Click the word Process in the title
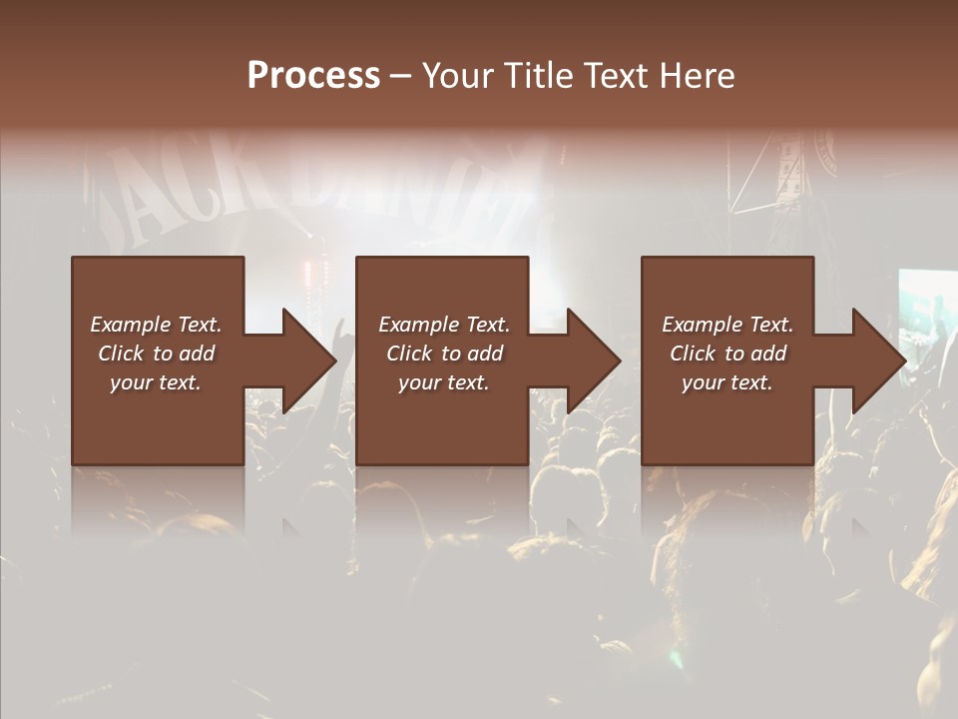pos(313,75)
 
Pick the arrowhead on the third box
pos(877,360)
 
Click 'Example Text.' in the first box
pos(156,325)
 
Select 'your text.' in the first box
pos(156,382)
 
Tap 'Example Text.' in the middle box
pos(444,325)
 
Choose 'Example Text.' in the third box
pos(727,325)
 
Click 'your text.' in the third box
pos(727,382)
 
